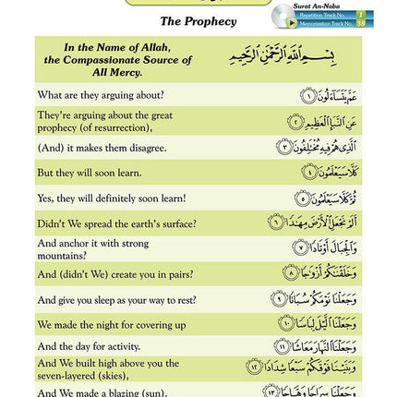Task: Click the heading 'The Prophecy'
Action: tap(198, 20)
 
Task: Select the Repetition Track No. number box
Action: tap(361, 15)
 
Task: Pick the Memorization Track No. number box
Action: tap(361, 24)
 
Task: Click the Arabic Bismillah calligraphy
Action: tap(282, 57)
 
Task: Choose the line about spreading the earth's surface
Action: tap(117, 223)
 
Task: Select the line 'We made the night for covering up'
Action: tap(112, 325)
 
